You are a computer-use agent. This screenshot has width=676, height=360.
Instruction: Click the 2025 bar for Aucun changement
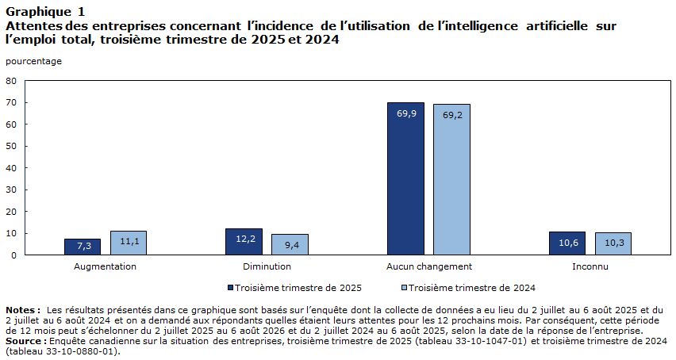(405, 178)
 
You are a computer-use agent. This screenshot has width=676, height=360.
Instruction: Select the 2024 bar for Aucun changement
(451, 179)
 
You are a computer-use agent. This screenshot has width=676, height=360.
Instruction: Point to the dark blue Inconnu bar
(567, 243)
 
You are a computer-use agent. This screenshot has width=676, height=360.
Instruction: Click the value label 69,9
(406, 113)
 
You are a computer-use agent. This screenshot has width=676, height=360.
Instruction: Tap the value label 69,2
(452, 116)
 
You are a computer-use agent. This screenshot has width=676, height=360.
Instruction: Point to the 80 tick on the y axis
(11, 81)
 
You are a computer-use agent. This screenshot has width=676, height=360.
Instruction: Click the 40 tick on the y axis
(11, 168)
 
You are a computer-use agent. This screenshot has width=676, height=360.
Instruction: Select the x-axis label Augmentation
(105, 266)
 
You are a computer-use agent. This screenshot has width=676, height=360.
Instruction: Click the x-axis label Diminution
(267, 266)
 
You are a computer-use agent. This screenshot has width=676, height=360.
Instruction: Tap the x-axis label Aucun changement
(429, 266)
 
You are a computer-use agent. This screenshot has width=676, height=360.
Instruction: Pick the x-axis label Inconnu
(590, 266)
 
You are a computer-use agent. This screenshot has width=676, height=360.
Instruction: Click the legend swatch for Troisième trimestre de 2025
(231, 287)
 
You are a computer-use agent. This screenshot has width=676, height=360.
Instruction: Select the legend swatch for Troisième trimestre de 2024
(405, 287)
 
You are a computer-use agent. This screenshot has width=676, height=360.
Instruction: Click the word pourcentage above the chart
(33, 62)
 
